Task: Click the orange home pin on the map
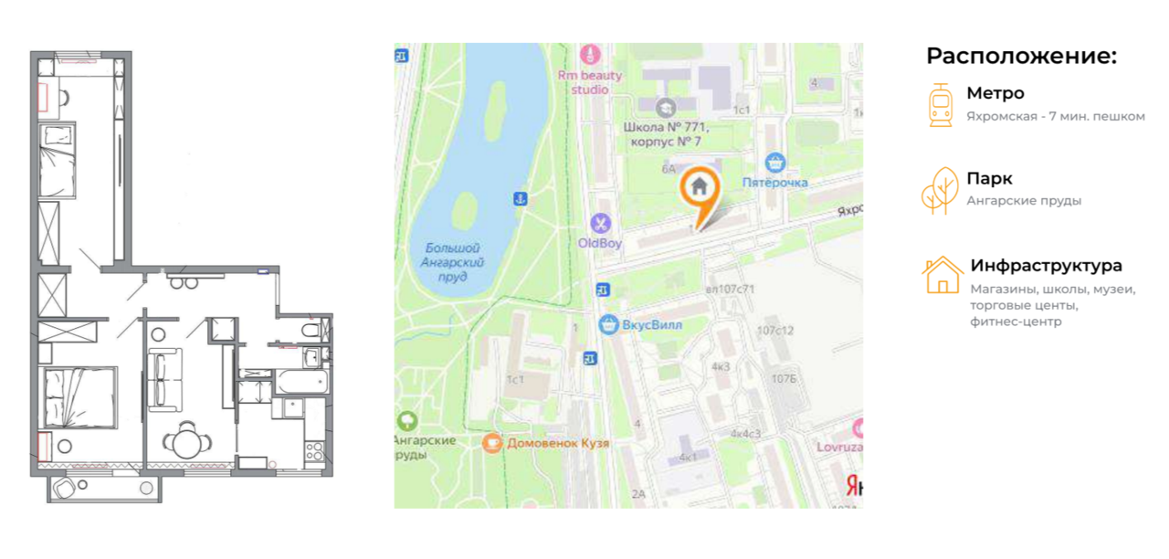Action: pyautogui.click(x=700, y=189)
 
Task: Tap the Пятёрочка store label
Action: pyautogui.click(x=774, y=182)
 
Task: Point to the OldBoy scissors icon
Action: pyautogui.click(x=600, y=222)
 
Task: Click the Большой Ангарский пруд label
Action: pyautogui.click(x=453, y=262)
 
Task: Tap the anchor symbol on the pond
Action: pyautogui.click(x=520, y=198)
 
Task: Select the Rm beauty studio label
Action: pyautogui.click(x=590, y=82)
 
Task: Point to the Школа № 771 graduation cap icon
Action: pyautogui.click(x=665, y=108)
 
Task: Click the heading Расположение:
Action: pyautogui.click(x=1021, y=56)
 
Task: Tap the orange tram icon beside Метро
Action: pyautogui.click(x=940, y=104)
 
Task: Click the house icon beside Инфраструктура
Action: pyautogui.click(x=942, y=276)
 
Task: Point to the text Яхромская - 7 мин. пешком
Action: pyautogui.click(x=1055, y=117)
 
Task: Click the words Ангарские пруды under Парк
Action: pyautogui.click(x=1024, y=201)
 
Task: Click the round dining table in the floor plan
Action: pyautogui.click(x=188, y=443)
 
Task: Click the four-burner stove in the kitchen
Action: pyautogui.click(x=313, y=450)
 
